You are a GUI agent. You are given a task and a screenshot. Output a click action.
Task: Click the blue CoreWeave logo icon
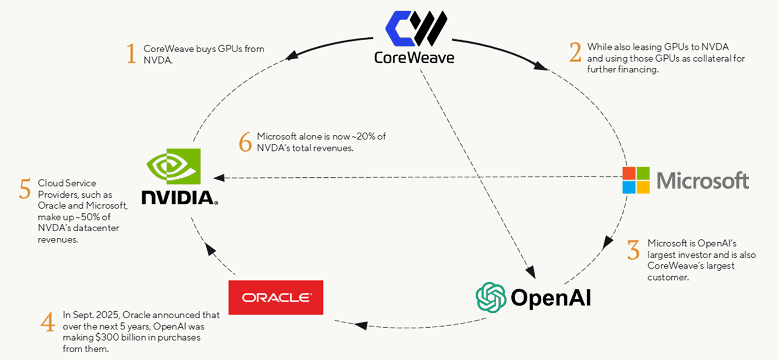pos(416,29)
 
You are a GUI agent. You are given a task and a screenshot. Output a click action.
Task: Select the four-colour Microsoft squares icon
pos(636,179)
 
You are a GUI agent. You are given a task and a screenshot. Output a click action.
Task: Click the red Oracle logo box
pos(276,297)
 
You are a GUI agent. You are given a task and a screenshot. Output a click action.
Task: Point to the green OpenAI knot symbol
pos(491,297)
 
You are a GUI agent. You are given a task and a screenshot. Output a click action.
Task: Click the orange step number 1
pos(131,54)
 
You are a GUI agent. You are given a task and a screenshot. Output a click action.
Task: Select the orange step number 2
pos(575,53)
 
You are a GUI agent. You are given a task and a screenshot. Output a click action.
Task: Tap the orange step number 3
pos(633,250)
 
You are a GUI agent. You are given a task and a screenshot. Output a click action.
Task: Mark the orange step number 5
pos(24,189)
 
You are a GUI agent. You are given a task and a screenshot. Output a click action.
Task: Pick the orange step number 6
pos(245,142)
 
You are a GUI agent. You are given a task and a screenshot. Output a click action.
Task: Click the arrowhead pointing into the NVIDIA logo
pos(218,178)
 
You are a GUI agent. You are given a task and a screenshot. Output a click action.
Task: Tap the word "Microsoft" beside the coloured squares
pos(703,181)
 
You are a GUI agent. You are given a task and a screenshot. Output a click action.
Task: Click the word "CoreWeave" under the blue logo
pos(414,57)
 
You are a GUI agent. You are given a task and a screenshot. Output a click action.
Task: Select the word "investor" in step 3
pos(690,255)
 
